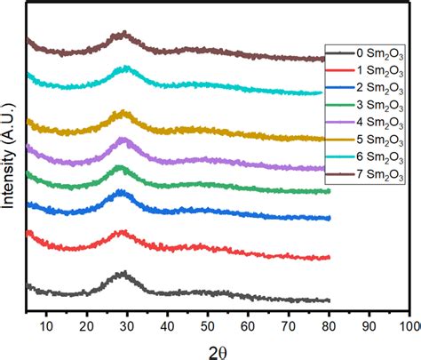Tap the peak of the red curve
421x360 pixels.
[x=123, y=233]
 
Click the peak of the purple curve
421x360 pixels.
[x=123, y=140]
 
